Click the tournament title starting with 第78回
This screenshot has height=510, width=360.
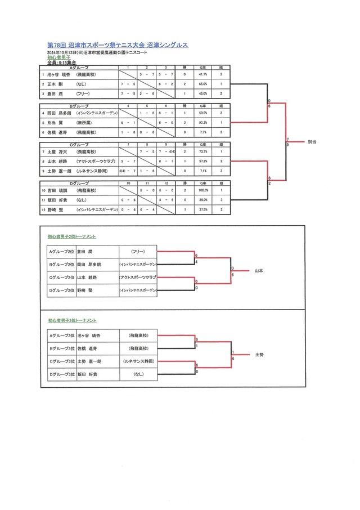tap(118, 44)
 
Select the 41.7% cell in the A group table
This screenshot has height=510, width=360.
tap(202, 74)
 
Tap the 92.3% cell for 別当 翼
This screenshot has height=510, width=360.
tap(202, 122)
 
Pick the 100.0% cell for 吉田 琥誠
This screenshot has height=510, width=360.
tap(202, 191)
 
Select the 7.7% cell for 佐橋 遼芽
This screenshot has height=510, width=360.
tap(202, 132)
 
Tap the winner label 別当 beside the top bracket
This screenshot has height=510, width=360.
tap(312, 142)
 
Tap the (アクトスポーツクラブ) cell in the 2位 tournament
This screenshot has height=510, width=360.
tap(138, 278)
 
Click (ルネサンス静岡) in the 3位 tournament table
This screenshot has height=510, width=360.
tap(138, 361)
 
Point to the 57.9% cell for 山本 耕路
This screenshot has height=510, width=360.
tap(202, 161)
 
